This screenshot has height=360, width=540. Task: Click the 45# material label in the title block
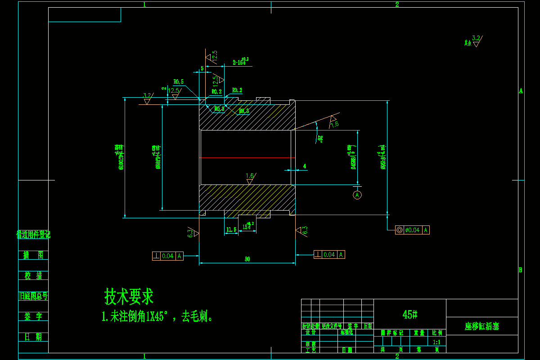pos(410,314)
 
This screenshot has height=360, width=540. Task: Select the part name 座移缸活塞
pos(481,326)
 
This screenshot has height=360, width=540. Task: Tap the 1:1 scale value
pos(436,342)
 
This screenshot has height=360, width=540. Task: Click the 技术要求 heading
pos(129,297)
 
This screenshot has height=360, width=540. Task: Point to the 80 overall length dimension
pos(247,259)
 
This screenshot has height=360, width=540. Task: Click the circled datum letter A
pos(357,195)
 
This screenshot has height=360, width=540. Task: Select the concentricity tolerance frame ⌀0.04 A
pos(412,230)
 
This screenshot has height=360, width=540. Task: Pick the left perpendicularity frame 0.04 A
pos(168,256)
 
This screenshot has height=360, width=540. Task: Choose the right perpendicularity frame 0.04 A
pos(329,255)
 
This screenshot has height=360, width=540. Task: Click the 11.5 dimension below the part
pos(231,229)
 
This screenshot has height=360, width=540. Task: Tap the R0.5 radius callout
pos(179,82)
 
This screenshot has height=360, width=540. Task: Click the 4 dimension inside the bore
pos(305,166)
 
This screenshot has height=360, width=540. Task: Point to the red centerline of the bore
pos(247,157)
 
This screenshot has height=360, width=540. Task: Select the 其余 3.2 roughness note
pos(472,41)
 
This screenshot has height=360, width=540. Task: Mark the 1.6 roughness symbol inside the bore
pos(250,178)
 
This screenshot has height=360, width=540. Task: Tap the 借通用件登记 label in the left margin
pos(33,234)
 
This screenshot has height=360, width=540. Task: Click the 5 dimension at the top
pos(202,68)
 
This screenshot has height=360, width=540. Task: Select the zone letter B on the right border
pos(520,270)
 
